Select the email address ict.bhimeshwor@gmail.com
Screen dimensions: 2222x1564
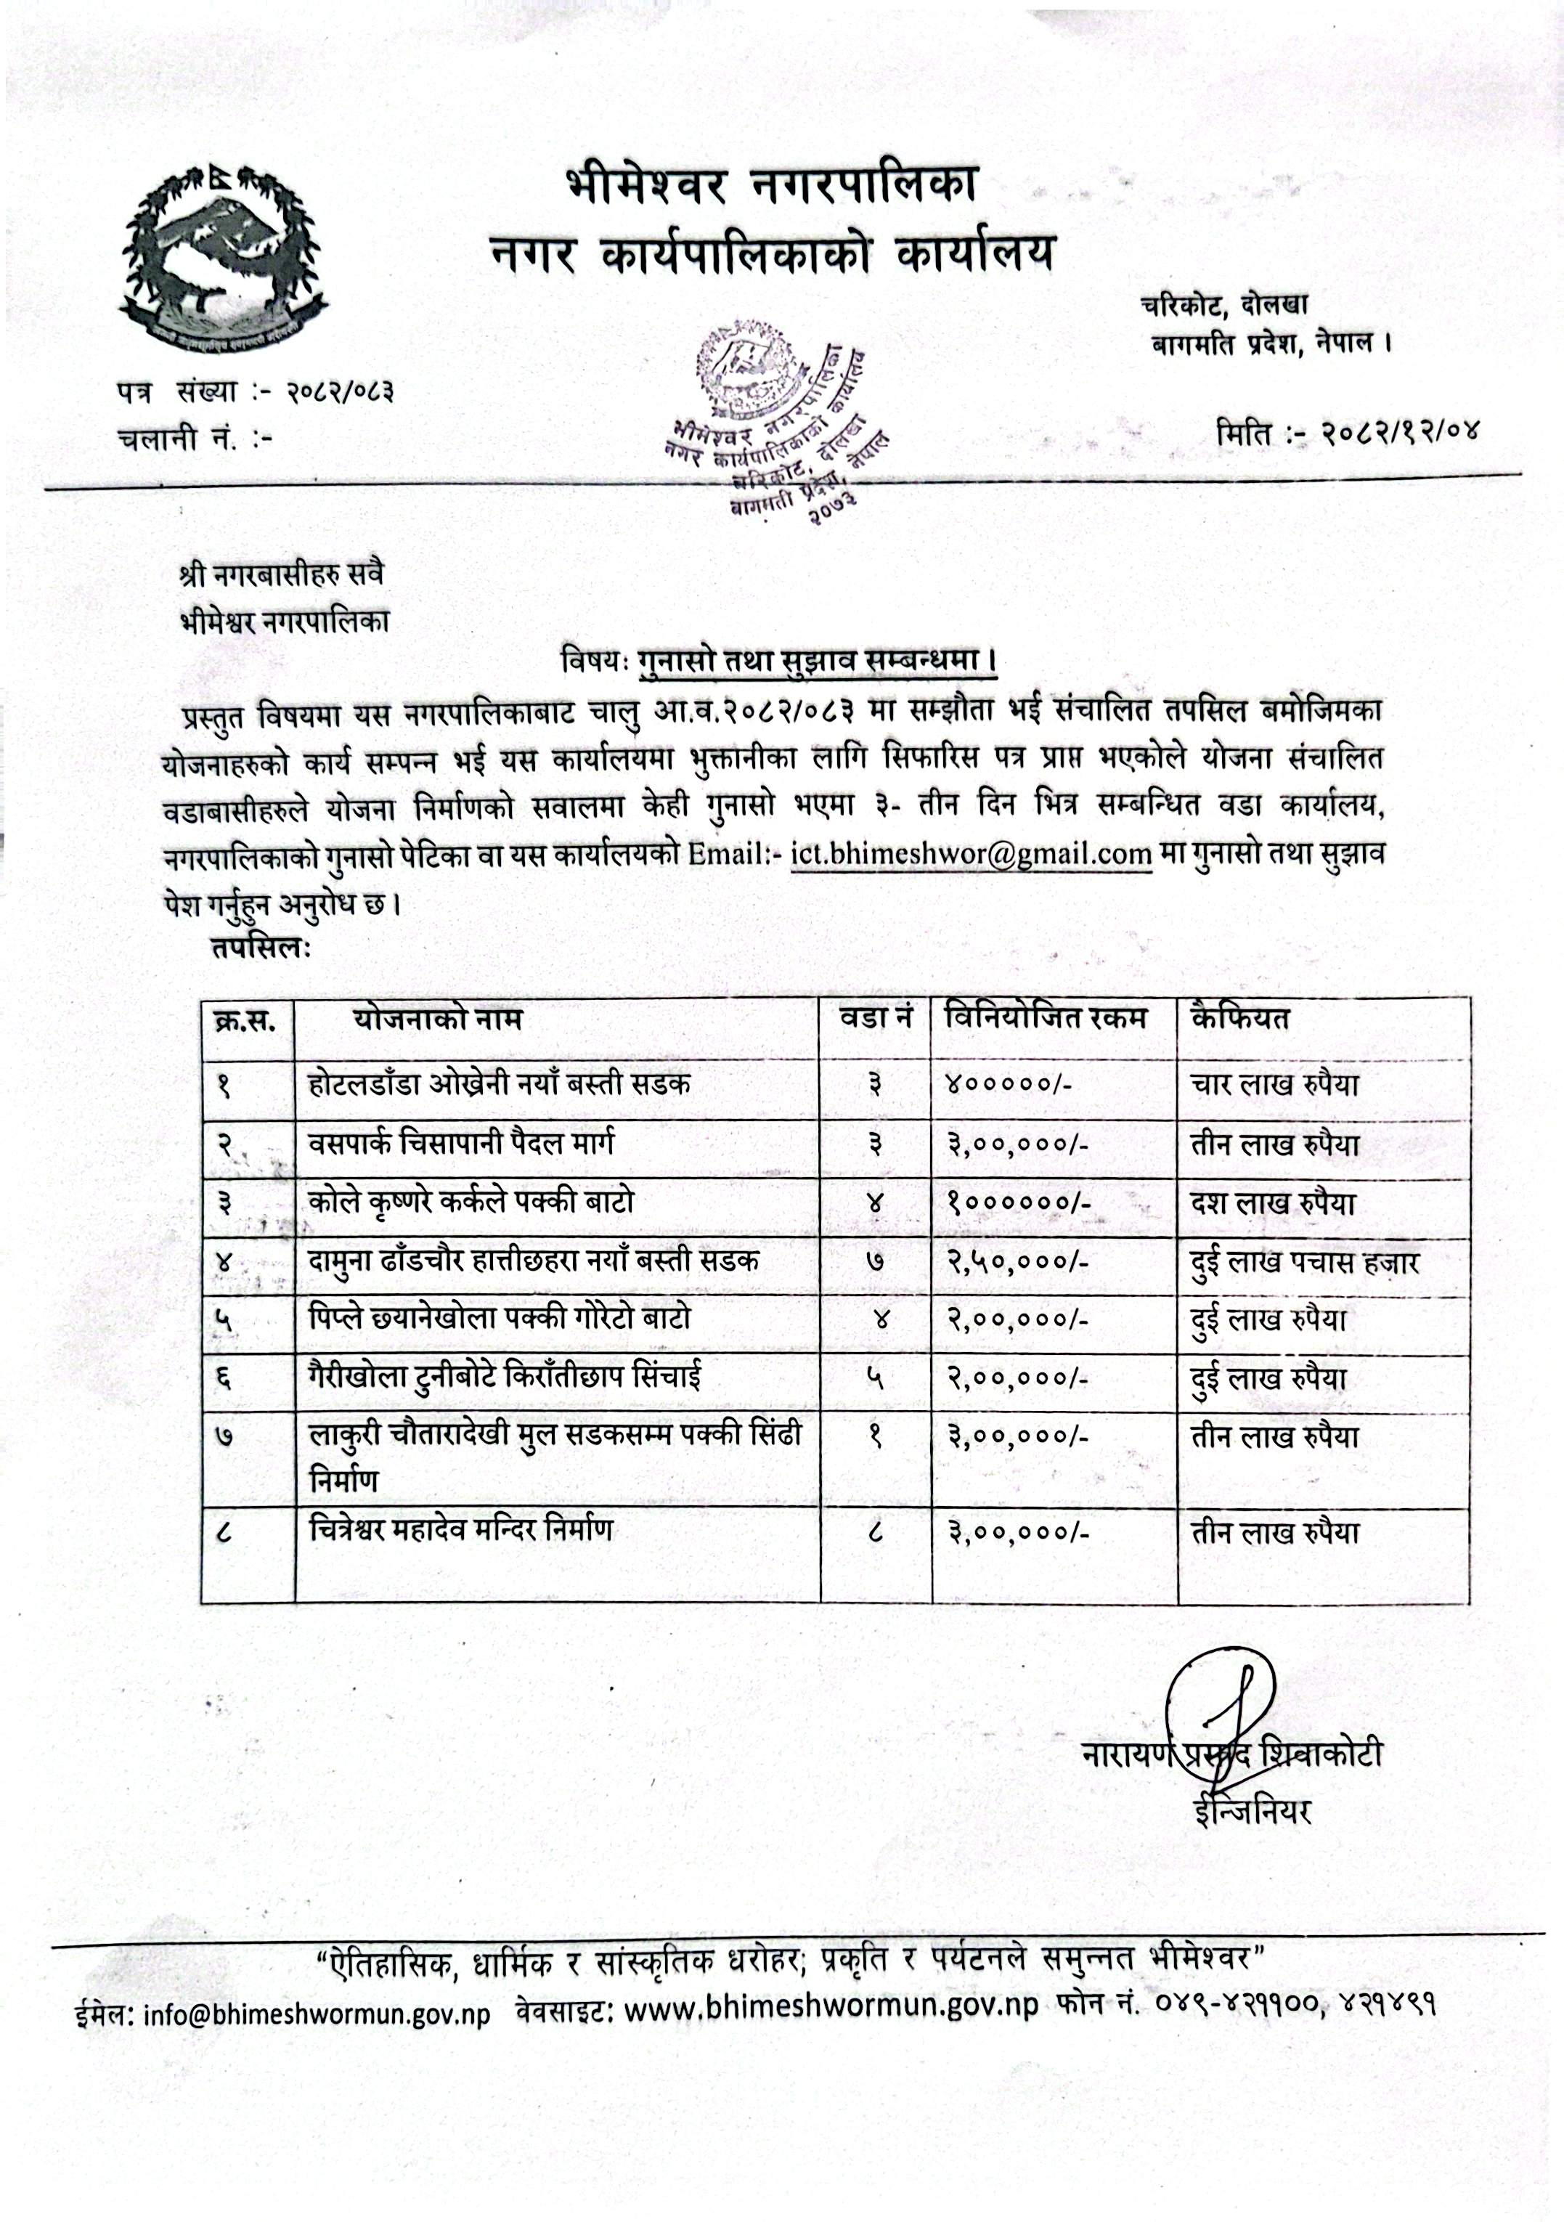[x=971, y=855]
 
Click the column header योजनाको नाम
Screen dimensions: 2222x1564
[x=436, y=1019]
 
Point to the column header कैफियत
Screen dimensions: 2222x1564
[x=1241, y=1019]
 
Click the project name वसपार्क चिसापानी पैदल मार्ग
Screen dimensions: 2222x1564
[x=462, y=1144]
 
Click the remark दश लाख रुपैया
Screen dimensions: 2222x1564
[x=1274, y=1203]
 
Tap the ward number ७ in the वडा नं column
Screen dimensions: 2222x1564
[x=876, y=1261]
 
